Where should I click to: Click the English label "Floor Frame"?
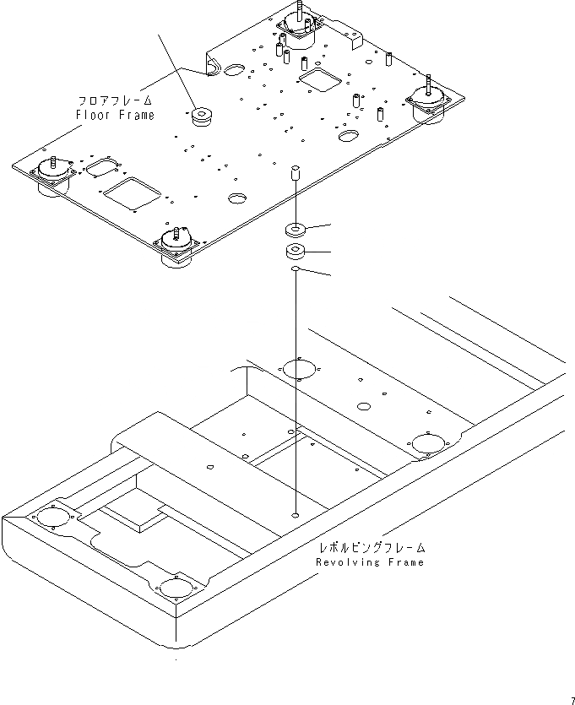116,115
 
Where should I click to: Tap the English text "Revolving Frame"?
370,562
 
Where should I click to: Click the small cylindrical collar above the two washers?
296,176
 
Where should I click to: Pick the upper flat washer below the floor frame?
296,229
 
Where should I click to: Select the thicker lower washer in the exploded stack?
296,252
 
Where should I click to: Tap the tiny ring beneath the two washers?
296,269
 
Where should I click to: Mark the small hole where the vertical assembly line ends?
296,514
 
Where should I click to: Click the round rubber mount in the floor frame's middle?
203,117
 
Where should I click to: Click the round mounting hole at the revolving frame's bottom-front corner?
175,586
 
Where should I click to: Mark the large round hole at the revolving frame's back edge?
298,368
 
